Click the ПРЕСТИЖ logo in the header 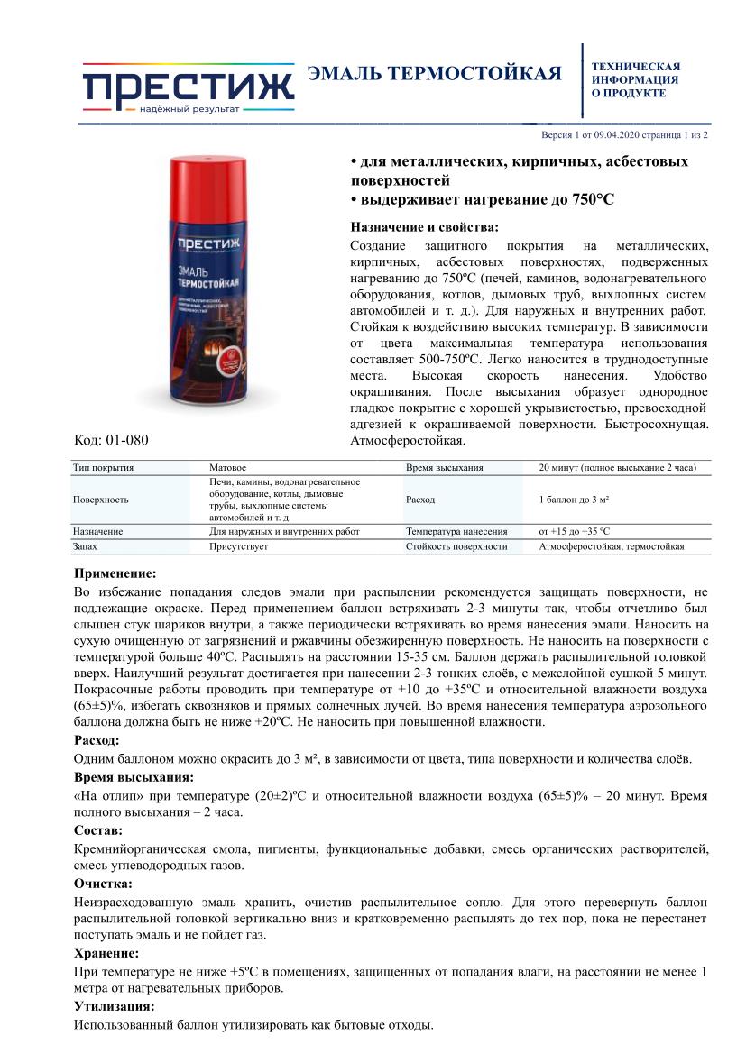189,87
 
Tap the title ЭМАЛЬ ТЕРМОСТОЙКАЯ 434,74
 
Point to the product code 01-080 110,440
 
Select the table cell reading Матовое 227,468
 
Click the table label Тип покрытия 103,468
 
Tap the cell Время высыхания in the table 445,468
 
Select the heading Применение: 115,573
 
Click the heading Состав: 98,829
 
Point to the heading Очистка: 102,884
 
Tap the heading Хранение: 106,952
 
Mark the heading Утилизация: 113,1006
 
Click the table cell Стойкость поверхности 456,546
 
